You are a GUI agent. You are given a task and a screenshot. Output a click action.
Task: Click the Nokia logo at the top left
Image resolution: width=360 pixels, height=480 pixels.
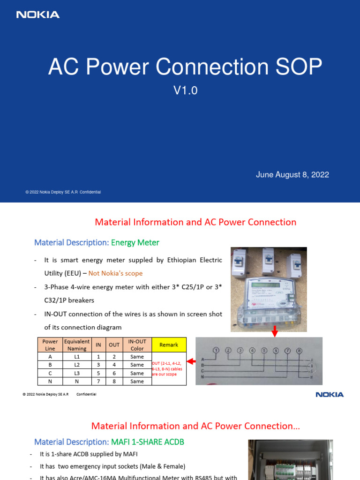38,15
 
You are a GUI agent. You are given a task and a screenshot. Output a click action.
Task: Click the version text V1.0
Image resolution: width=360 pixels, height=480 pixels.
186,91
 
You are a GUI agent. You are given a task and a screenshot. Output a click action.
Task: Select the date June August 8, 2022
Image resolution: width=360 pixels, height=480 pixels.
292,175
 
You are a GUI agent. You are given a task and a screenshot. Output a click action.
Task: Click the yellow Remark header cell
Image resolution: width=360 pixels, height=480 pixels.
169,345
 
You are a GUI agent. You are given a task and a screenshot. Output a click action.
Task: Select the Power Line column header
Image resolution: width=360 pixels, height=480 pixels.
50,345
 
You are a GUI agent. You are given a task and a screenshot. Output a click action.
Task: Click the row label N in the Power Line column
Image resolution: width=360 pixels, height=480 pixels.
50,382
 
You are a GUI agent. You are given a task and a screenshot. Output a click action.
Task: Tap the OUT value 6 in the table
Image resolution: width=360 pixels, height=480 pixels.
114,373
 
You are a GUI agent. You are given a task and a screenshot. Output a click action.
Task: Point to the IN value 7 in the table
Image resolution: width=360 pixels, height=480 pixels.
98,382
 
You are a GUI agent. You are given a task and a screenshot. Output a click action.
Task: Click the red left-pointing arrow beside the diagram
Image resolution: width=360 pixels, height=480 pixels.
191,361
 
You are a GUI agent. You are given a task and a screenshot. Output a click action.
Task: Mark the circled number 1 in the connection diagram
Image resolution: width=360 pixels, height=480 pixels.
216,350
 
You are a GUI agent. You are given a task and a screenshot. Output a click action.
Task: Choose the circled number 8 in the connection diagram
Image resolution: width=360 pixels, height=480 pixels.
300,351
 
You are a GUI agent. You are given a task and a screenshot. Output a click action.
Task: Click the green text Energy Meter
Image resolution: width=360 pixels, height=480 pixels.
135,243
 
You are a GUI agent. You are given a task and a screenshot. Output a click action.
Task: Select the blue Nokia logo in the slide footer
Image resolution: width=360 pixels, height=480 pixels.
330,395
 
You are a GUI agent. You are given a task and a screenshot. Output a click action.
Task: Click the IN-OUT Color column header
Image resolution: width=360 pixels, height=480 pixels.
137,345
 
